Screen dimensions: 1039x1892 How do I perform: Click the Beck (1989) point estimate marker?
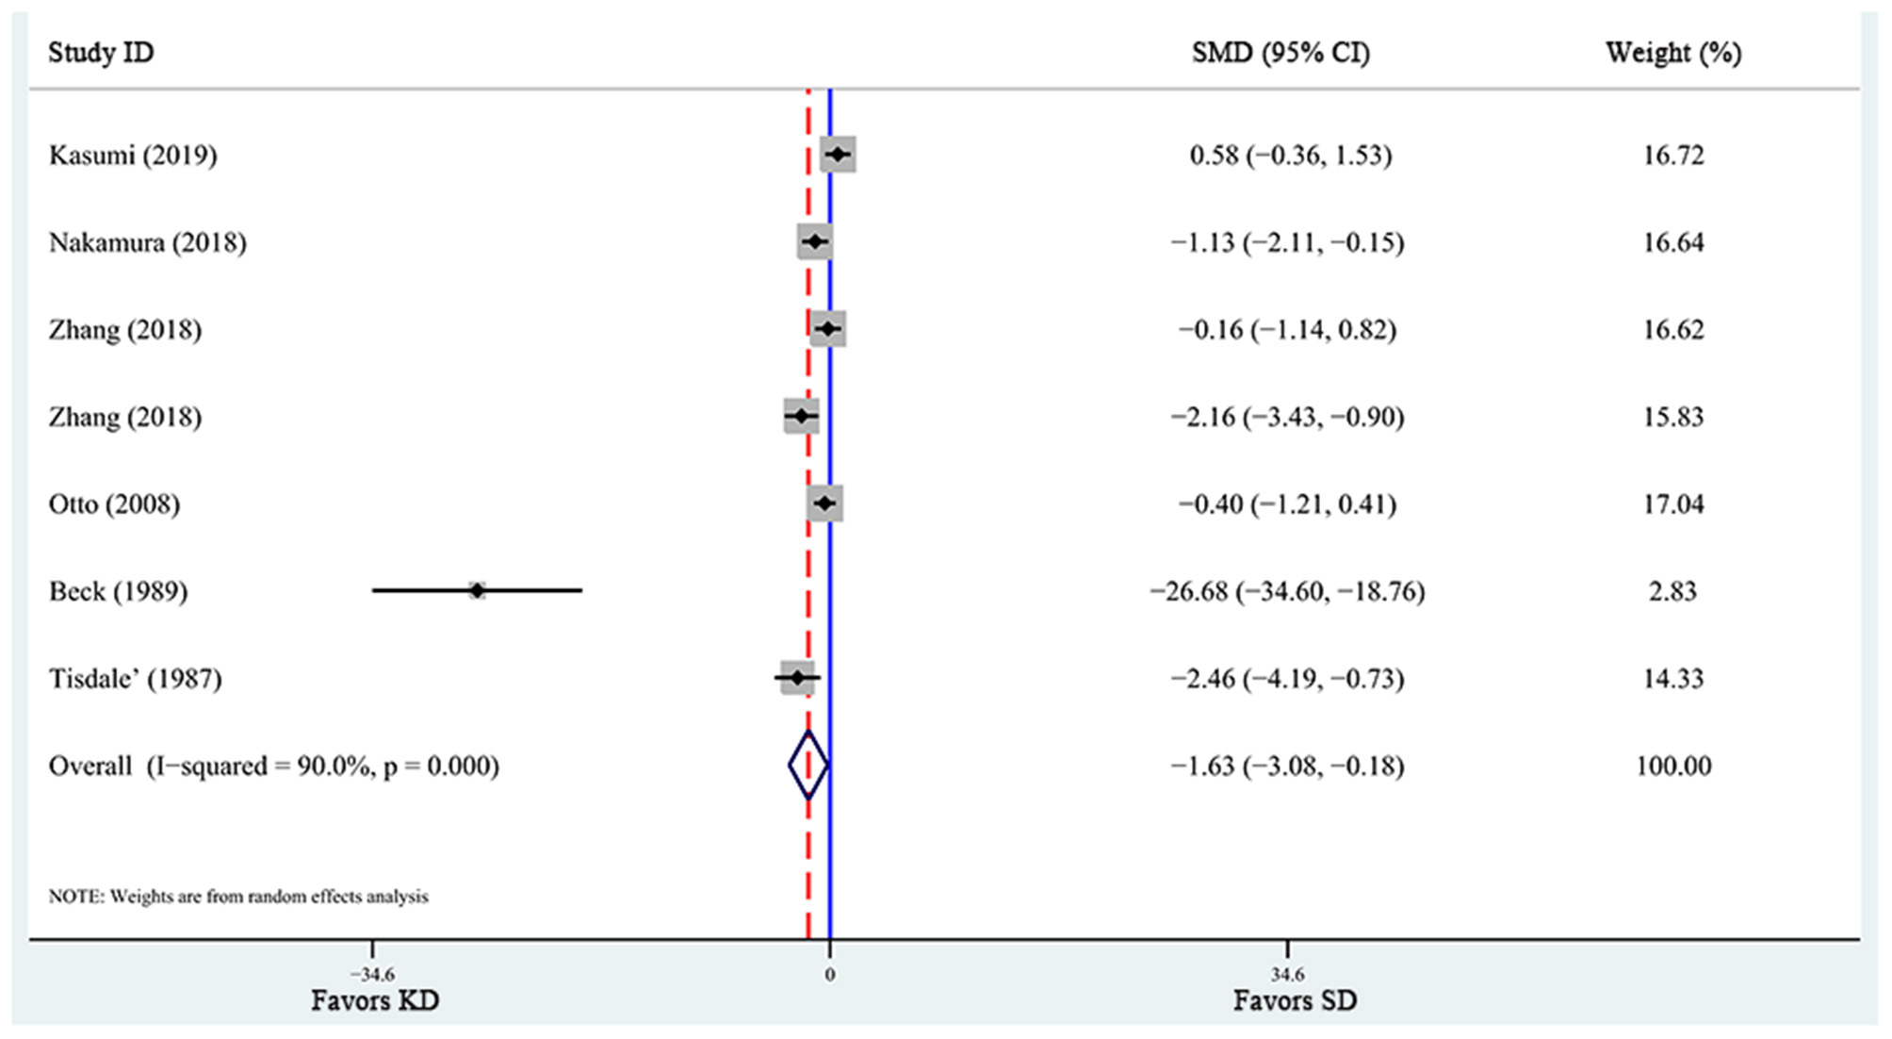(x=477, y=590)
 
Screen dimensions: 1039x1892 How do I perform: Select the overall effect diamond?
(x=808, y=765)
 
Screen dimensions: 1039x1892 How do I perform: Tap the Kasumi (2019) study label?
(x=133, y=155)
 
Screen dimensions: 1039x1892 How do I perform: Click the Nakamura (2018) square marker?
(x=815, y=242)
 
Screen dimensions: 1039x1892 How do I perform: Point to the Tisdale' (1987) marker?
(x=797, y=678)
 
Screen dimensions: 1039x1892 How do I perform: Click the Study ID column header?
(x=101, y=52)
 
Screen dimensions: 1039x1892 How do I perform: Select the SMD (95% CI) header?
(x=1280, y=52)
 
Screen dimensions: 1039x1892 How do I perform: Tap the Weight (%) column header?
(x=1673, y=52)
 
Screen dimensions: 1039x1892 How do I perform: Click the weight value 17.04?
(x=1673, y=503)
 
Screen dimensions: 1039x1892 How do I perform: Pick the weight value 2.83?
(x=1673, y=591)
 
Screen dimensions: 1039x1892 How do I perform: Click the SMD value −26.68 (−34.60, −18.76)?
(x=1287, y=591)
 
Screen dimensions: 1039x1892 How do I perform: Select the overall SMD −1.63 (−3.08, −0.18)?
(x=1287, y=766)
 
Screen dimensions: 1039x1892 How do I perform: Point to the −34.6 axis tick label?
(x=372, y=974)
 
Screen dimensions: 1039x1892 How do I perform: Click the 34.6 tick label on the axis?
(x=1287, y=974)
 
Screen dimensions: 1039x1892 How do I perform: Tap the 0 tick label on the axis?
(x=830, y=974)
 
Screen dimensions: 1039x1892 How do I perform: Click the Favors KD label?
(x=375, y=1000)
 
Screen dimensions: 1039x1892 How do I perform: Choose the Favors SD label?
(x=1295, y=1000)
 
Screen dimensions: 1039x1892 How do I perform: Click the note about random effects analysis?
(x=238, y=896)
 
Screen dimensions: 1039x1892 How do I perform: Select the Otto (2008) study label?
(x=114, y=503)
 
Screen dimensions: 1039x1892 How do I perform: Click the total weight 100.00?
(x=1673, y=766)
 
